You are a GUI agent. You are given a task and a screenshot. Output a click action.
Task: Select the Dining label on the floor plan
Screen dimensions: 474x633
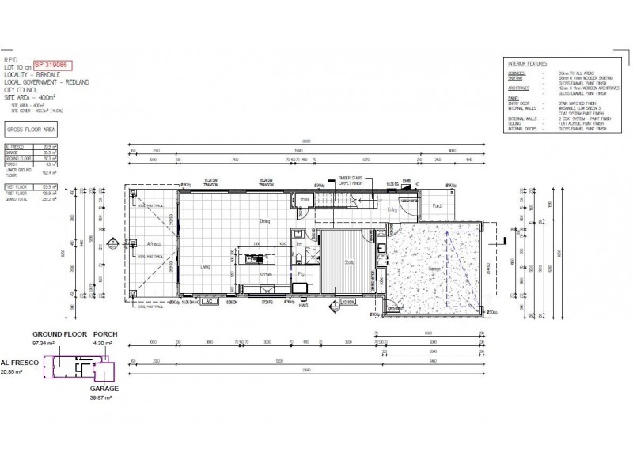tap(265, 222)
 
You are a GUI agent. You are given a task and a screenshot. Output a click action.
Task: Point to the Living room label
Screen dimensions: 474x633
tap(205, 266)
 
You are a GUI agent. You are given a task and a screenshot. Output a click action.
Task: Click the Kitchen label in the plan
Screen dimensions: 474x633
tap(266, 275)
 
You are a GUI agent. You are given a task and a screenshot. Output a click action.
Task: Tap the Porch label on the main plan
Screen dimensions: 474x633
tap(438, 206)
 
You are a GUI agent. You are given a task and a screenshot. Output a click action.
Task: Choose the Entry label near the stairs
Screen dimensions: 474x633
tap(392, 210)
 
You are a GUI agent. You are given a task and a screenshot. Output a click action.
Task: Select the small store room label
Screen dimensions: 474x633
tap(305, 200)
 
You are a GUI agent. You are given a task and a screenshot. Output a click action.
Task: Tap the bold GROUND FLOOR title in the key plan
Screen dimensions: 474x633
tap(59, 334)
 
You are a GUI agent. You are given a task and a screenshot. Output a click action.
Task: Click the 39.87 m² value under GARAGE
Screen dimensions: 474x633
tap(104, 398)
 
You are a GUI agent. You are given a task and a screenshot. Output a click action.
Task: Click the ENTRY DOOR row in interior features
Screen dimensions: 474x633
tap(519, 102)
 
